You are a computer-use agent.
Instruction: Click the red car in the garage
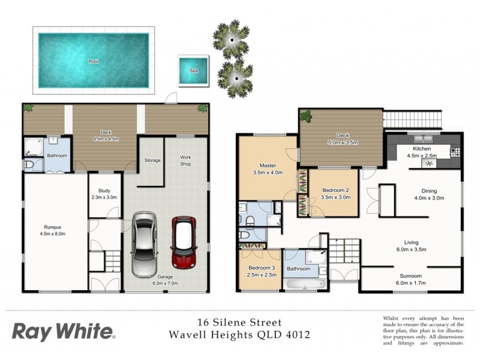185,242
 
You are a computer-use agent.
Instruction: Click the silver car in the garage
143,246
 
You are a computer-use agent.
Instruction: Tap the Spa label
194,70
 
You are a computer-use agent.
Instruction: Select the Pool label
94,61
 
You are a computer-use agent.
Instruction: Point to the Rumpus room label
53,227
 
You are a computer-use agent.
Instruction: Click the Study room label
104,190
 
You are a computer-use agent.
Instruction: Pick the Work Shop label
186,161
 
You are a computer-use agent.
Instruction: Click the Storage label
152,160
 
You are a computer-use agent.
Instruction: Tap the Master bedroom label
267,166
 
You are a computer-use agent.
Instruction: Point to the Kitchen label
422,148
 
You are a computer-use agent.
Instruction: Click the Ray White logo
63,331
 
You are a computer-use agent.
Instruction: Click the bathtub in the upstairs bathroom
303,283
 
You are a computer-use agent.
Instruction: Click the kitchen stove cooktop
455,152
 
